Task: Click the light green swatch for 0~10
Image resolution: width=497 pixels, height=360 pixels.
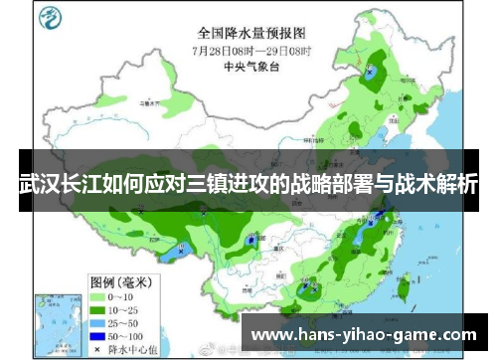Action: [x=98, y=295]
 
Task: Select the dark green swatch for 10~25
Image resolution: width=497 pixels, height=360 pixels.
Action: [x=98, y=309]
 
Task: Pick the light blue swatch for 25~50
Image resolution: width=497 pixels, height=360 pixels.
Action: [x=98, y=323]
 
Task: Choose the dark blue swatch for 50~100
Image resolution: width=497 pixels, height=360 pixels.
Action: [x=98, y=337]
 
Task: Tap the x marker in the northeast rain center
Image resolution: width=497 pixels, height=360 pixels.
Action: [x=371, y=72]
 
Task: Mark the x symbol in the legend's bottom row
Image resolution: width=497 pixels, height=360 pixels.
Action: [x=98, y=350]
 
